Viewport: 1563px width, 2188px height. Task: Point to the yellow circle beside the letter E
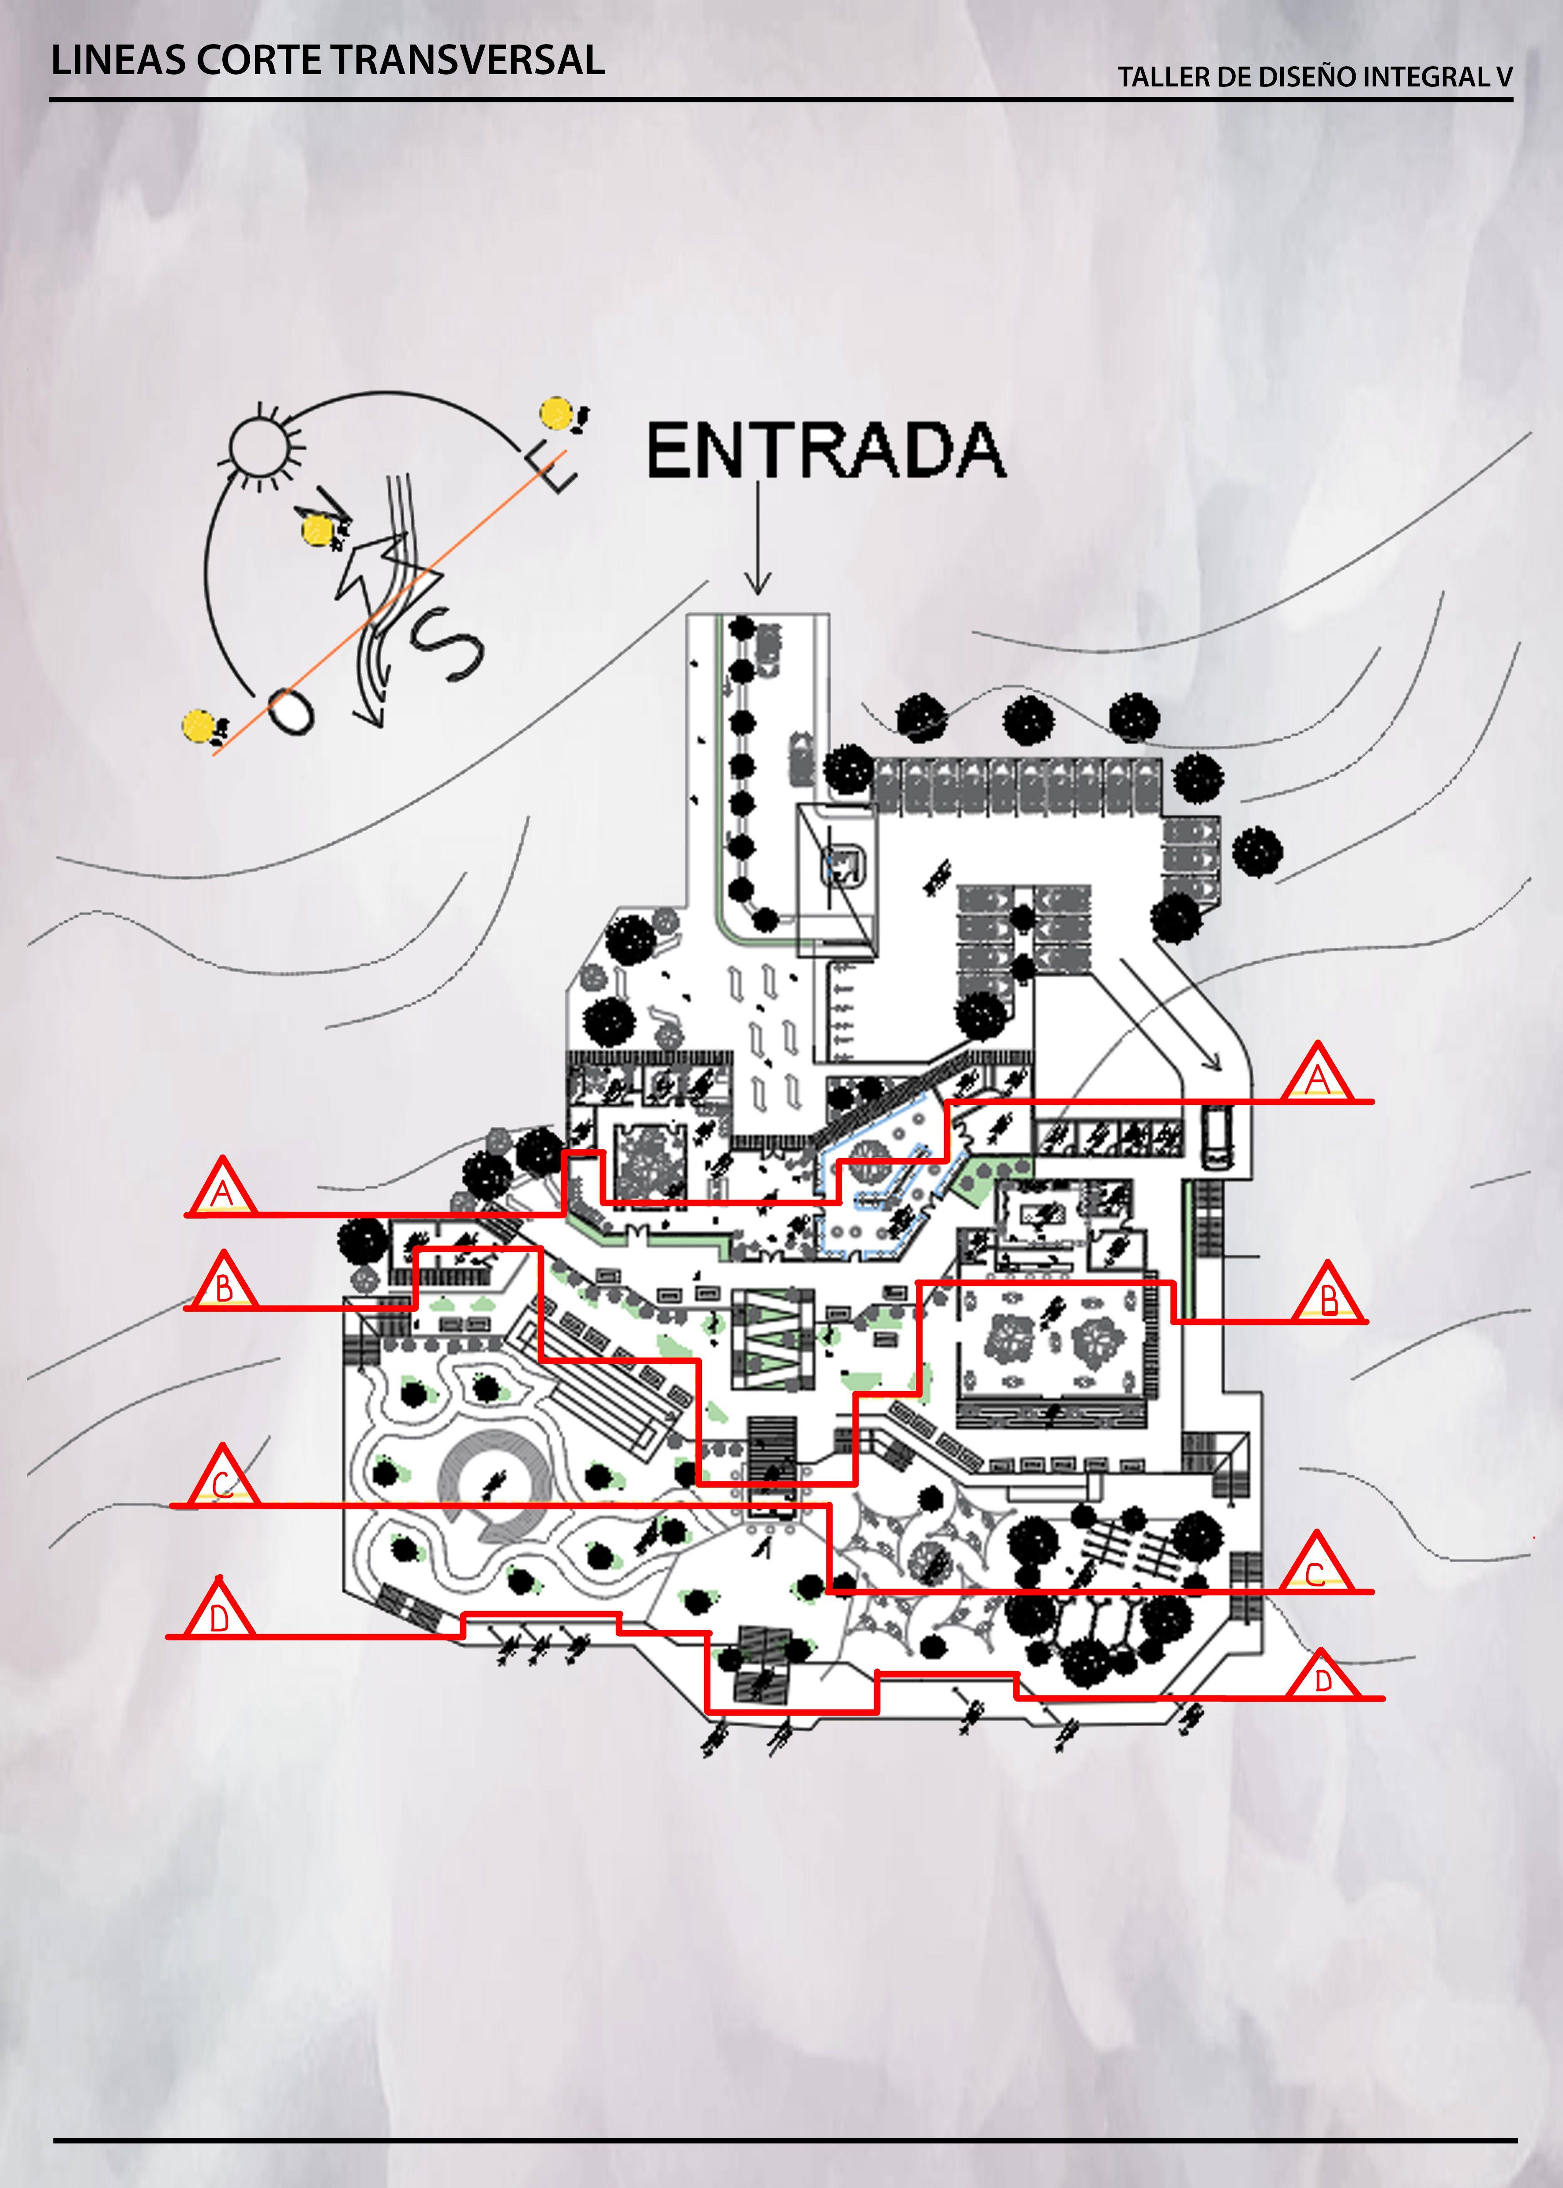coord(556,414)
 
